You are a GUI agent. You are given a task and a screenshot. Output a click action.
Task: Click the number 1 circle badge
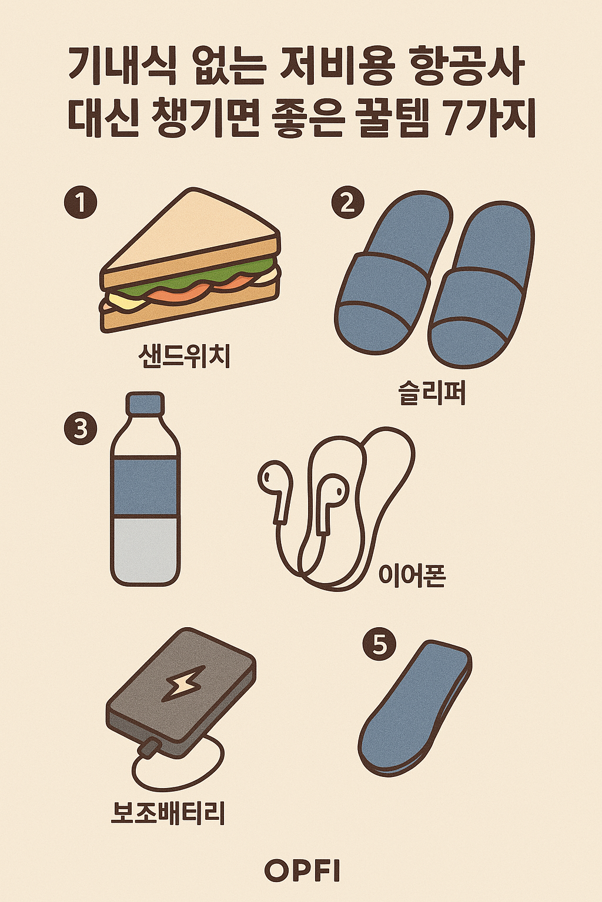pos(81,203)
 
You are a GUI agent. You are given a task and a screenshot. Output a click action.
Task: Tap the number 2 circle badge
pos(348,203)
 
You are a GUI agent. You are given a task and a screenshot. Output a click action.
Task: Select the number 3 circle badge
pos(80,429)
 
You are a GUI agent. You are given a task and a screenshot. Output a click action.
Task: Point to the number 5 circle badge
pos(380,644)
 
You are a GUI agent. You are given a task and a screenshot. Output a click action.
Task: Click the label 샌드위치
pos(185,356)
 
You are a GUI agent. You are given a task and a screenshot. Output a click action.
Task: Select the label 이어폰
pos(412,575)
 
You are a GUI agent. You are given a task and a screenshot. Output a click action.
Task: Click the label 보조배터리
pos(168,813)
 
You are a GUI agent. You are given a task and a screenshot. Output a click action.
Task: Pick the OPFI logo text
pos(302,871)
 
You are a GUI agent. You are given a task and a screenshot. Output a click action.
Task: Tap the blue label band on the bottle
pos(145,486)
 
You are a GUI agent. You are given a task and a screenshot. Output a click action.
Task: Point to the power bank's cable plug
pos(148,748)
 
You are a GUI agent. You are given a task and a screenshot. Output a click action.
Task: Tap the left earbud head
pos(272,478)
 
